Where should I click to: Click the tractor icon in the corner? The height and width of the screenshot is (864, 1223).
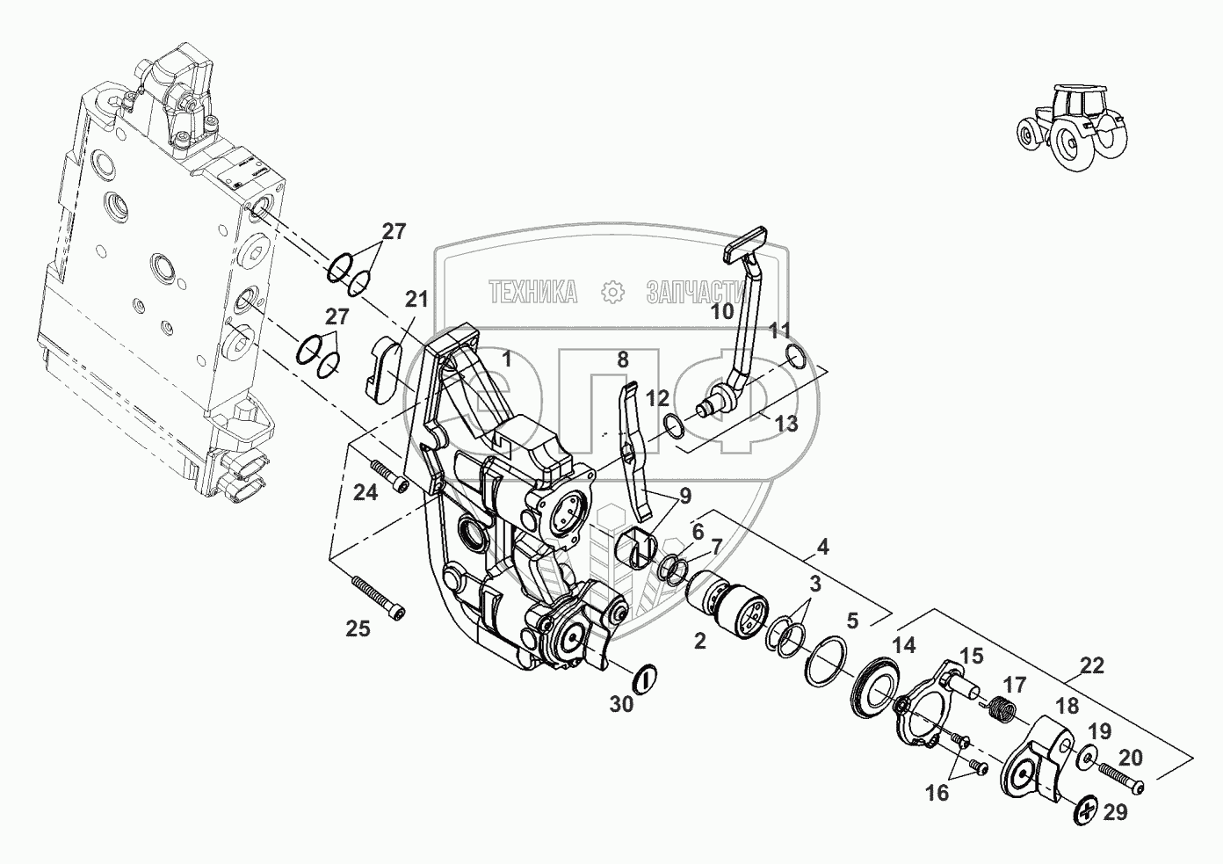pos(1070,127)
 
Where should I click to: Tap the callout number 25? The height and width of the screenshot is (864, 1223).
pos(358,628)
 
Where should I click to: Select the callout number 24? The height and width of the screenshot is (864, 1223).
pos(365,493)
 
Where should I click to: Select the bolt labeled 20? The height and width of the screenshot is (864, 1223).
pos(1119,778)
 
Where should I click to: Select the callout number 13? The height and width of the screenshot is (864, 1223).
pos(785,424)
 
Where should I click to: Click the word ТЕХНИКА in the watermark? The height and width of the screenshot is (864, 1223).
pos(533,292)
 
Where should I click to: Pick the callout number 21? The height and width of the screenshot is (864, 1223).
pos(416,299)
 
